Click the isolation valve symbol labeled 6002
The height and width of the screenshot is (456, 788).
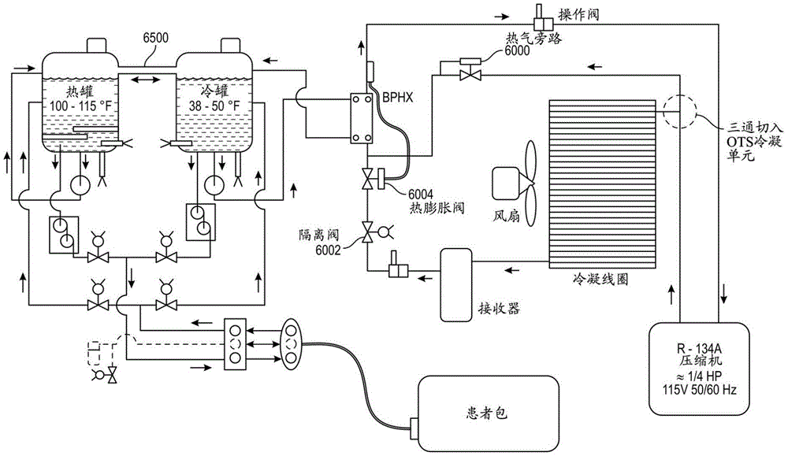(367, 233)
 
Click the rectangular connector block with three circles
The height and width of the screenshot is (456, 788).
(236, 344)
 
